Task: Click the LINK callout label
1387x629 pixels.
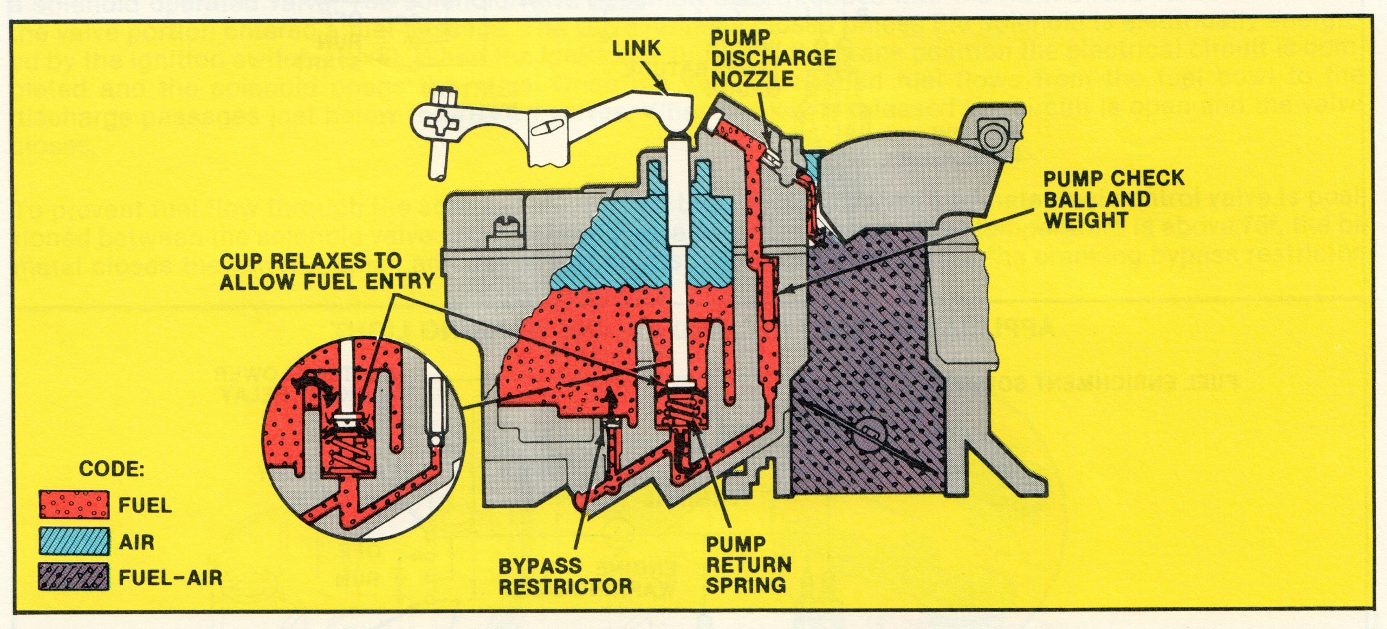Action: [636, 49]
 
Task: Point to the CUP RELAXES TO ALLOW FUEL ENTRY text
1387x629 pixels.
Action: [327, 271]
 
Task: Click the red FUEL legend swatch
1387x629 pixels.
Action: [74, 505]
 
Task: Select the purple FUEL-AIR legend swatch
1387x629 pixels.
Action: [74, 577]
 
